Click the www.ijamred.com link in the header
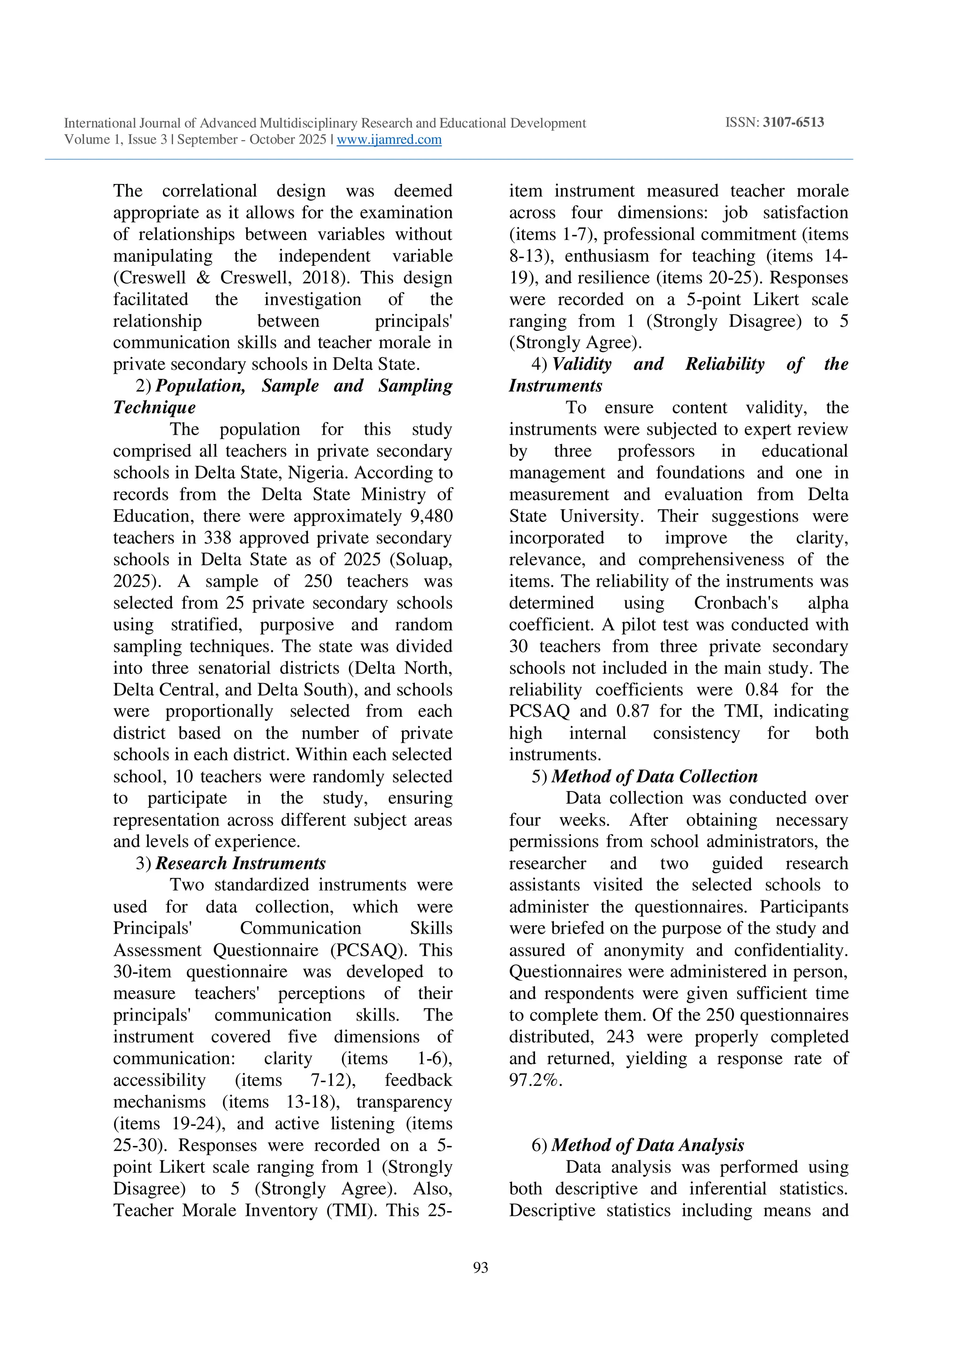tap(389, 140)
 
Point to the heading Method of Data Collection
tap(654, 776)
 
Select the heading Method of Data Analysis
tap(647, 1145)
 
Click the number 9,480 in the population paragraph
tap(431, 516)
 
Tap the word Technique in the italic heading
tap(154, 407)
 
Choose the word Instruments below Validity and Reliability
tap(556, 386)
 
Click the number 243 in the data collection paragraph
tap(620, 1037)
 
